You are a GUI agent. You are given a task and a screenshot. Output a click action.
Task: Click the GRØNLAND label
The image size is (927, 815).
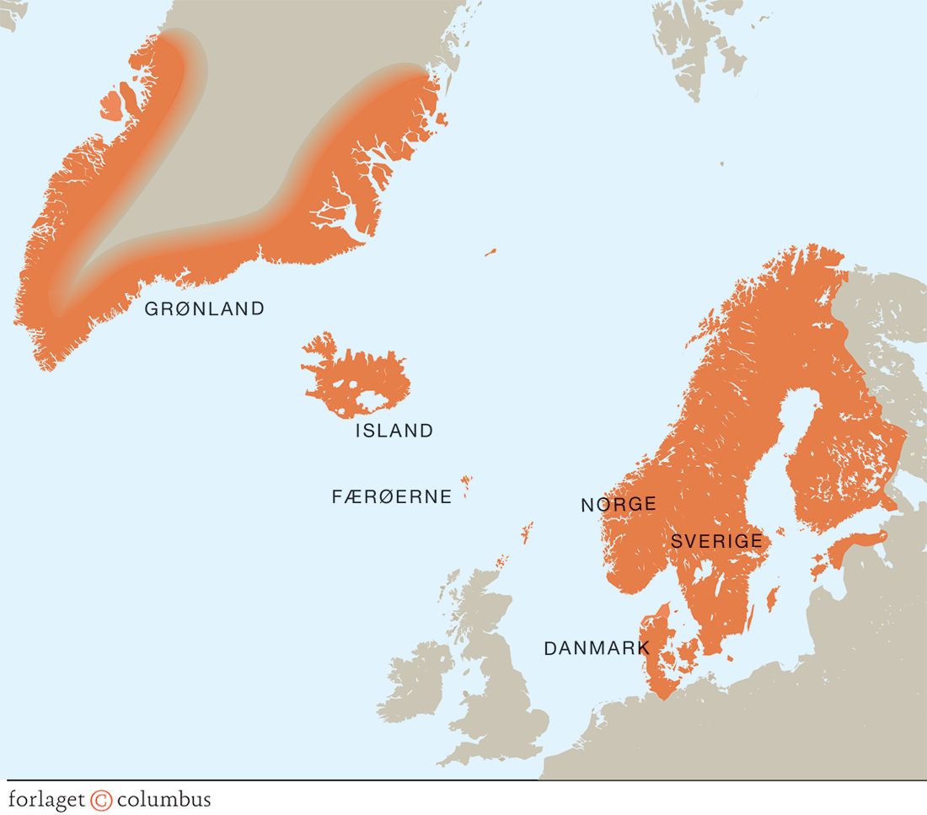pyautogui.click(x=205, y=308)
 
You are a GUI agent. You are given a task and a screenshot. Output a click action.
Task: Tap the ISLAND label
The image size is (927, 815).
pyautogui.click(x=394, y=431)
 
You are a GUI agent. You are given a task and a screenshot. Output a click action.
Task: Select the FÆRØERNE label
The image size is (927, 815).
pyautogui.click(x=392, y=496)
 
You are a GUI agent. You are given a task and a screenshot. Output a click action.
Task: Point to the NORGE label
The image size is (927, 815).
pyautogui.click(x=618, y=505)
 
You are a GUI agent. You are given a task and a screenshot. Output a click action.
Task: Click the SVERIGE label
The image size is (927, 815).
pyautogui.click(x=716, y=541)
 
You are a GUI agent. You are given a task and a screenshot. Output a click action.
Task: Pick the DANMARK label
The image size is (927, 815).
pyautogui.click(x=597, y=648)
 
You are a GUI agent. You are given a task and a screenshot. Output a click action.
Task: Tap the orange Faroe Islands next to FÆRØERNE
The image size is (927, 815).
pyautogui.click(x=466, y=486)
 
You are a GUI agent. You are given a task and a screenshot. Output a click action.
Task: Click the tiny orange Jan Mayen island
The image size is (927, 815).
pyautogui.click(x=490, y=251)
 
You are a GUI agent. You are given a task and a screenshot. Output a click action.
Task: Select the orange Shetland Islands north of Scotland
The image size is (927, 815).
pyautogui.click(x=528, y=531)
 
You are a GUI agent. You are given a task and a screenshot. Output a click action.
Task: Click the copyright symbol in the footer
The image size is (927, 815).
pyautogui.click(x=102, y=799)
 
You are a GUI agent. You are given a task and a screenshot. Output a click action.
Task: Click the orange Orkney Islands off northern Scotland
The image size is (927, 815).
pyautogui.click(x=502, y=561)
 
